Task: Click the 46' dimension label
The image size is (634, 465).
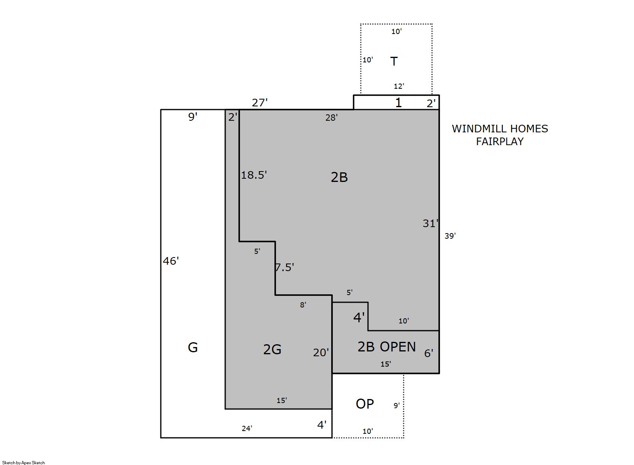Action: (171, 261)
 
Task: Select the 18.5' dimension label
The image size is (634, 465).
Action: (254, 175)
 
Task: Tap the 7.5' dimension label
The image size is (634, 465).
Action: (284, 267)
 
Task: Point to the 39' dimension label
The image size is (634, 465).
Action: (450, 235)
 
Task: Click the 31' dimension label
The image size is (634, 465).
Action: (430, 224)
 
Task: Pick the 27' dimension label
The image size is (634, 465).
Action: (260, 103)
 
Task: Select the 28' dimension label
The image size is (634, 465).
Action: (332, 118)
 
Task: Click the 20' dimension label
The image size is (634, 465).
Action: (321, 352)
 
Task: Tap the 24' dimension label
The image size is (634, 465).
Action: (247, 429)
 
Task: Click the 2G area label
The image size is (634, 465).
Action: (272, 349)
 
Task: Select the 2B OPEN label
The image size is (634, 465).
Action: (387, 347)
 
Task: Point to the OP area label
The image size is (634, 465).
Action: (365, 404)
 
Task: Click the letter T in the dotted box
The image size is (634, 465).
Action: (394, 61)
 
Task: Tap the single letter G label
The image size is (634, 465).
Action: (193, 347)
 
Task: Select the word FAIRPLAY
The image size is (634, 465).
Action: (500, 142)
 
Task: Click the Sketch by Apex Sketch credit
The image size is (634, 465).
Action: (24, 463)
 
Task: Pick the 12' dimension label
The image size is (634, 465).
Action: (399, 86)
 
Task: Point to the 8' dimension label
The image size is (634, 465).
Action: (303, 305)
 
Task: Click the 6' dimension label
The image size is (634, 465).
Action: (428, 353)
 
